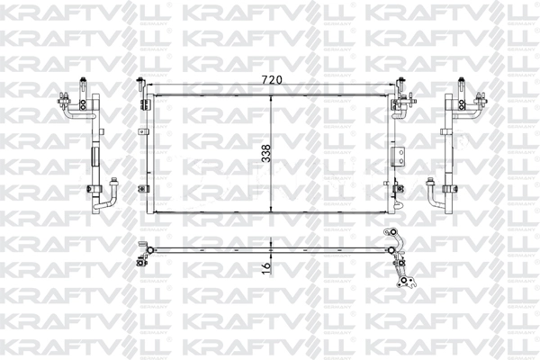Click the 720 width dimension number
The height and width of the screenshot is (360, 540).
point(272,80)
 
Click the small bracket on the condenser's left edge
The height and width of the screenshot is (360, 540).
point(142,136)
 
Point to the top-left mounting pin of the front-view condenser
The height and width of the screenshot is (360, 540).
point(142,88)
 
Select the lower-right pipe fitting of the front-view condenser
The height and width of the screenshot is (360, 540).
point(396,189)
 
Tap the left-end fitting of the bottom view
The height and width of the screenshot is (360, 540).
point(139,252)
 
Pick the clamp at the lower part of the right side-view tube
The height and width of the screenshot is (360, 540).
point(447,189)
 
